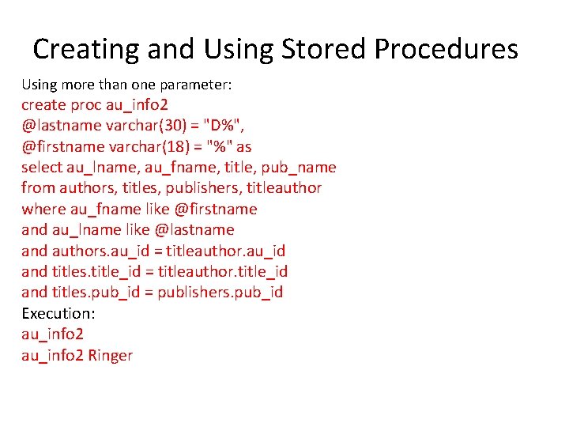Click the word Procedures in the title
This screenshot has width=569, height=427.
coord(446,50)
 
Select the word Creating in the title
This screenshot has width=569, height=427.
coord(85,50)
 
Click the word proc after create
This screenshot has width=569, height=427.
coord(85,104)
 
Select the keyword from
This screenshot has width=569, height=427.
coord(38,188)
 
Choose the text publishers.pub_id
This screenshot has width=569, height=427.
coord(220,293)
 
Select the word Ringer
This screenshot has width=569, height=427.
coord(111,355)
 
